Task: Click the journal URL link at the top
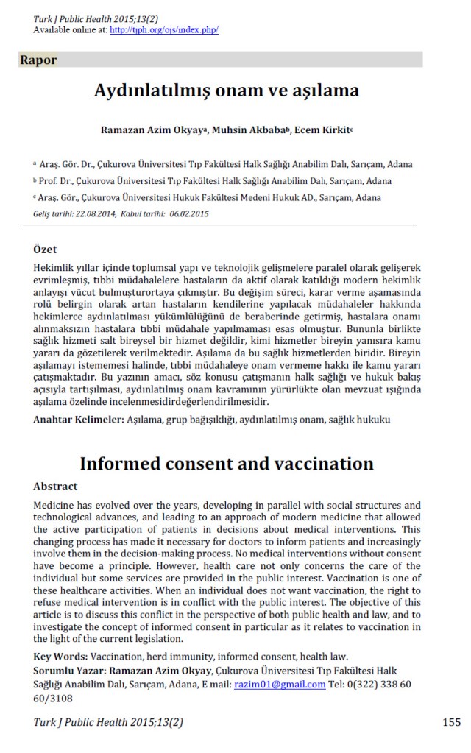pos(163,30)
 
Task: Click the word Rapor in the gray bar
pos(39,60)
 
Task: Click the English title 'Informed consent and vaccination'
pos(227,463)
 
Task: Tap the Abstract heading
pos(55,486)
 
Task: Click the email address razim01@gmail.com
pos(280,684)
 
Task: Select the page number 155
pos(452,722)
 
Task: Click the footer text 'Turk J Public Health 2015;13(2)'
pos(108,723)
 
